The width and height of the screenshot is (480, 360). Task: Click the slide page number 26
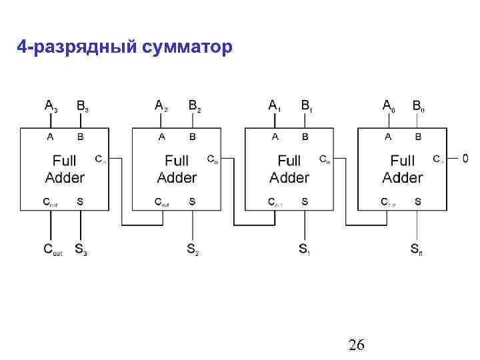[357, 344]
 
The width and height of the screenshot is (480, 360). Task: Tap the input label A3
[51, 105]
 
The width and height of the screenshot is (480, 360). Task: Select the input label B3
[83, 105]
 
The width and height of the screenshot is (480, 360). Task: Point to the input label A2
[161, 105]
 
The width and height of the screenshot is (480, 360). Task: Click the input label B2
[195, 105]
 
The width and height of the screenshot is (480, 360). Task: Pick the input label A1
[275, 105]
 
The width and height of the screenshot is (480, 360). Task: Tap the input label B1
[307, 105]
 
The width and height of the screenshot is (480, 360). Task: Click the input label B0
[419, 105]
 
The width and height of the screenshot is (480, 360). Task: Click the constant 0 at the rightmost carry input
[465, 159]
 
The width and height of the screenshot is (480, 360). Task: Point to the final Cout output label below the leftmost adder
[53, 250]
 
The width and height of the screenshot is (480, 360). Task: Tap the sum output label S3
[81, 250]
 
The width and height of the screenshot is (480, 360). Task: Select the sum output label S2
[193, 250]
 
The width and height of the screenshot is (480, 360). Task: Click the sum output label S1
[305, 250]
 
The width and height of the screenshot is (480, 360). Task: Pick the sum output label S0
[417, 250]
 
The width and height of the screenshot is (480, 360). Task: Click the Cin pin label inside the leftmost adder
[99, 159]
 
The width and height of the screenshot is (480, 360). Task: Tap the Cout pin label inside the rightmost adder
[387, 201]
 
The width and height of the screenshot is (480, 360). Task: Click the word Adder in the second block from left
[177, 177]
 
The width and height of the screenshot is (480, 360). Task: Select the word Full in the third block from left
[289, 161]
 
